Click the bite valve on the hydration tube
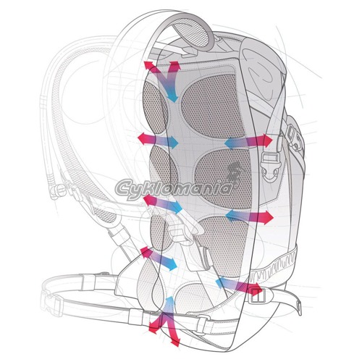click(x=55, y=190)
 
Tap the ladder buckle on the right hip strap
click(x=258, y=295)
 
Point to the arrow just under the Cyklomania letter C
click(x=162, y=204)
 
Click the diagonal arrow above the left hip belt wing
click(x=159, y=258)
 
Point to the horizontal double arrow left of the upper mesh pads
click(x=158, y=140)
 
